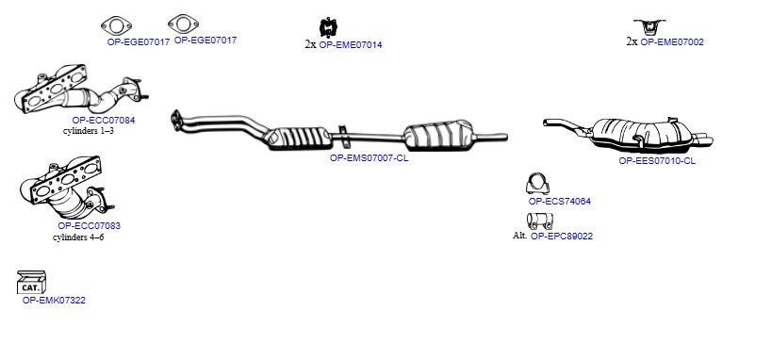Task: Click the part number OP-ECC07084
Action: pyautogui.click(x=104, y=120)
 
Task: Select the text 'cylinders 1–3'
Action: pyautogui.click(x=89, y=131)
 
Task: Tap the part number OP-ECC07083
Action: pyautogui.click(x=90, y=225)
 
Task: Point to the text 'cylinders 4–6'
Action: pyautogui.click(x=78, y=237)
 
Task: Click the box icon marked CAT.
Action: pyautogui.click(x=31, y=282)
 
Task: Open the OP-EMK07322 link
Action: pyautogui.click(x=54, y=300)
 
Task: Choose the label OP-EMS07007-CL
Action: pyautogui.click(x=369, y=158)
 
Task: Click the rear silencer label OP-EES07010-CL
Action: pyautogui.click(x=657, y=160)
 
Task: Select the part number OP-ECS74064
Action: pyautogui.click(x=559, y=201)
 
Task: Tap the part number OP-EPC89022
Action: pyautogui.click(x=562, y=236)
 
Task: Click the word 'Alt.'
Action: pyautogui.click(x=520, y=236)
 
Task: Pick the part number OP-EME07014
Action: pyautogui.click(x=351, y=45)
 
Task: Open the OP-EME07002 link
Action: pyautogui.click(x=672, y=41)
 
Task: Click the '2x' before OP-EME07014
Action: pyautogui.click(x=310, y=45)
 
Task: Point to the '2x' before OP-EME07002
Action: pyautogui.click(x=632, y=41)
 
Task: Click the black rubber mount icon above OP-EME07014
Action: pyautogui.click(x=327, y=27)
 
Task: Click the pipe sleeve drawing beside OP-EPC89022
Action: pyautogui.click(x=539, y=221)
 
